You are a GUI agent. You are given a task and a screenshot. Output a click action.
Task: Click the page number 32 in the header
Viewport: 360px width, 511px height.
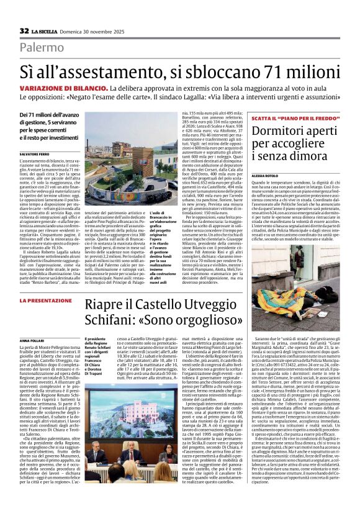[x=24, y=30]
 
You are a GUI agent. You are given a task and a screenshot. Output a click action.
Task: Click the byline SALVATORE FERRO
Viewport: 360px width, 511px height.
[x=35, y=153]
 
